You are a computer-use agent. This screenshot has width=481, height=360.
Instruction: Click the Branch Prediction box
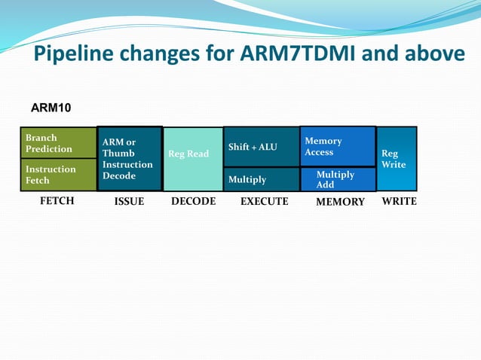click(58, 143)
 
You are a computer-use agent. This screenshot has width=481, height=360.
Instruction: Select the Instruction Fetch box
click(58, 175)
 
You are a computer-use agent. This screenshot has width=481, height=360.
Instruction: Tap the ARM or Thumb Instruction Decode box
click(129, 159)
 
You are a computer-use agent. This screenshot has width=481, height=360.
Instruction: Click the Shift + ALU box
click(261, 147)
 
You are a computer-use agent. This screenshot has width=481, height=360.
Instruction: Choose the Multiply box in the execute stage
click(261, 179)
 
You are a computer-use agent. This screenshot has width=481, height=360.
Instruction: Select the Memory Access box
click(337, 146)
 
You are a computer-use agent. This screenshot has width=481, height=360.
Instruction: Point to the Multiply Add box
click(337, 179)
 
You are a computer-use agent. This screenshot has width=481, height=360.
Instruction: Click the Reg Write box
click(396, 159)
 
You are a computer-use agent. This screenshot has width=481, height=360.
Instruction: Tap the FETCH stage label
click(57, 201)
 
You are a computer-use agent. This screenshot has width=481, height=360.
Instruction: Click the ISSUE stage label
click(129, 202)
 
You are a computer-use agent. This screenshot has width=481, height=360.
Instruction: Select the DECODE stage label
click(193, 201)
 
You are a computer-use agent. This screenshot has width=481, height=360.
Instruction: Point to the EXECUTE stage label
click(264, 201)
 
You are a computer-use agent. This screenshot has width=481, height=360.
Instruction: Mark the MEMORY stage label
click(340, 202)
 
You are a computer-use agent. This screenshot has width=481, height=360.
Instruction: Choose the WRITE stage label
click(399, 201)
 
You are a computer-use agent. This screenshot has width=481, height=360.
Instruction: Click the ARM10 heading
click(51, 108)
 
